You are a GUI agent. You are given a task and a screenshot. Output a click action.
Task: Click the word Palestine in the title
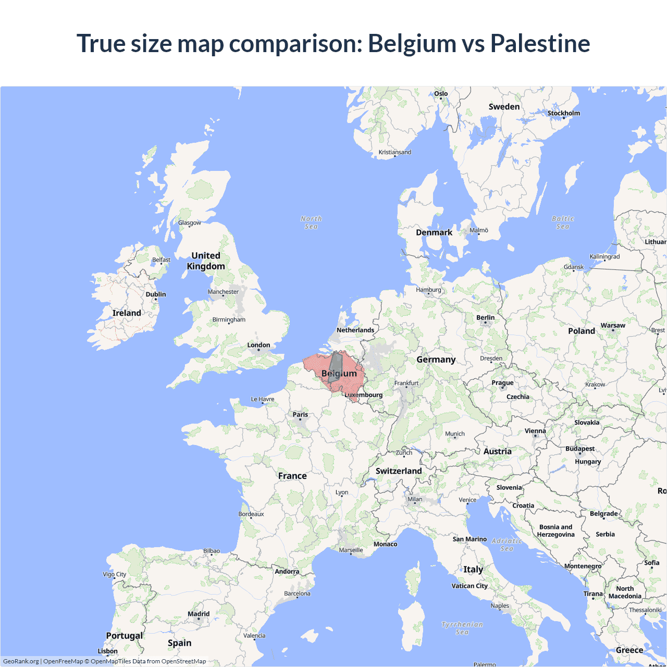click(x=540, y=43)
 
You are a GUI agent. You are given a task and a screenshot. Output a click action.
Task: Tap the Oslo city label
click(x=441, y=94)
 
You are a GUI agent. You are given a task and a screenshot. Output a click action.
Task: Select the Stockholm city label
click(x=563, y=113)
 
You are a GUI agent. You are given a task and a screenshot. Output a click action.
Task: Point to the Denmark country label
click(x=434, y=232)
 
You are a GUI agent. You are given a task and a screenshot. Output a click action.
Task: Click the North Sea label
click(x=311, y=223)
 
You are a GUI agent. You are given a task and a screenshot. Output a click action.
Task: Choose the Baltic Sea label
click(x=563, y=223)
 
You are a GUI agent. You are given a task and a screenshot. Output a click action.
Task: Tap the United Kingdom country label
click(x=206, y=261)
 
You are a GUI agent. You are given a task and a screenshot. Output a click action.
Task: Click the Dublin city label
click(x=156, y=294)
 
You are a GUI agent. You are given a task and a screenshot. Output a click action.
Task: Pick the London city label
click(x=258, y=345)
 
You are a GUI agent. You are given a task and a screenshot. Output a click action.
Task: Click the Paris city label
click(x=300, y=415)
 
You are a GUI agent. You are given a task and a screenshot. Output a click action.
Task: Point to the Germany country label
click(x=436, y=360)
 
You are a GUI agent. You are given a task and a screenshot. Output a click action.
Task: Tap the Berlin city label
click(x=485, y=317)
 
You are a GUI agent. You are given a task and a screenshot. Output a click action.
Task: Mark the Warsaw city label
click(x=613, y=325)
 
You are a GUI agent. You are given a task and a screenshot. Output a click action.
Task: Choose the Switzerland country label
click(x=399, y=471)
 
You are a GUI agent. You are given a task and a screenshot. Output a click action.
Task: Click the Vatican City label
click(x=470, y=586)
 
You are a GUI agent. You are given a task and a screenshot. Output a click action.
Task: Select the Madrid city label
click(x=199, y=614)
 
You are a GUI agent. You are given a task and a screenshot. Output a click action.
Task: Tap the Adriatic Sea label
click(x=507, y=545)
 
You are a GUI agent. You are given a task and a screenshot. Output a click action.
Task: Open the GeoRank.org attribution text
click(x=21, y=661)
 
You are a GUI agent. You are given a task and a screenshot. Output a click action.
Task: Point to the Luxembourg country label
click(x=364, y=395)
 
